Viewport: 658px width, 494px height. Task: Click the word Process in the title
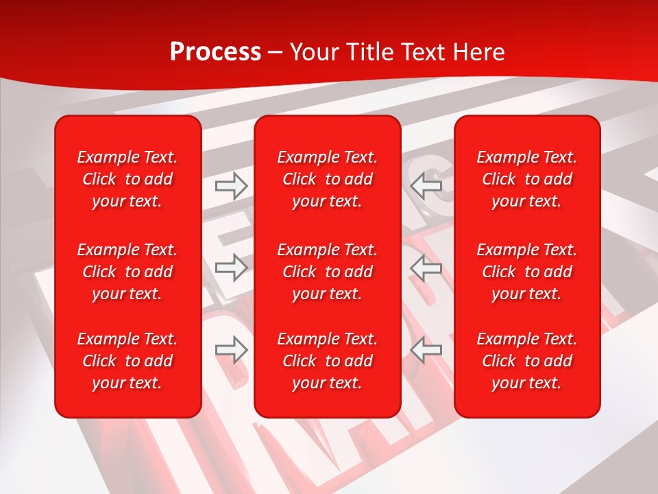pos(215,52)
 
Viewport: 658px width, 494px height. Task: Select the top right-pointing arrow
pos(231,185)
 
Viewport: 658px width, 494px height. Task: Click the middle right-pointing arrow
pos(231,268)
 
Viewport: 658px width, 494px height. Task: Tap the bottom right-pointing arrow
pos(231,350)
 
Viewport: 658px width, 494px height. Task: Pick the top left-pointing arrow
pos(426,185)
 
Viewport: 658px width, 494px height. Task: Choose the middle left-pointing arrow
pos(426,268)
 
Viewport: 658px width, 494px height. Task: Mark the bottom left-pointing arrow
pos(426,350)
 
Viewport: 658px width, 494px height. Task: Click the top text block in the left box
pos(127,179)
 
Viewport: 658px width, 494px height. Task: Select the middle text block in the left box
pos(127,272)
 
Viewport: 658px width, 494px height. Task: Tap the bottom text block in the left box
pos(127,361)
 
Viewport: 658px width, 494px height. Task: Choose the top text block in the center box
pos(328,179)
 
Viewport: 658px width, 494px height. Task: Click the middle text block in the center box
pos(328,272)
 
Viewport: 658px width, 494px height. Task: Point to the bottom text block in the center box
pos(328,361)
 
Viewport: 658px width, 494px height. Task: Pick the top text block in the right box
pos(527,179)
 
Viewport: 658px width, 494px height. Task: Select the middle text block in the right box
pos(527,272)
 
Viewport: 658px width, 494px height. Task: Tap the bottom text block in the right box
pos(527,361)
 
